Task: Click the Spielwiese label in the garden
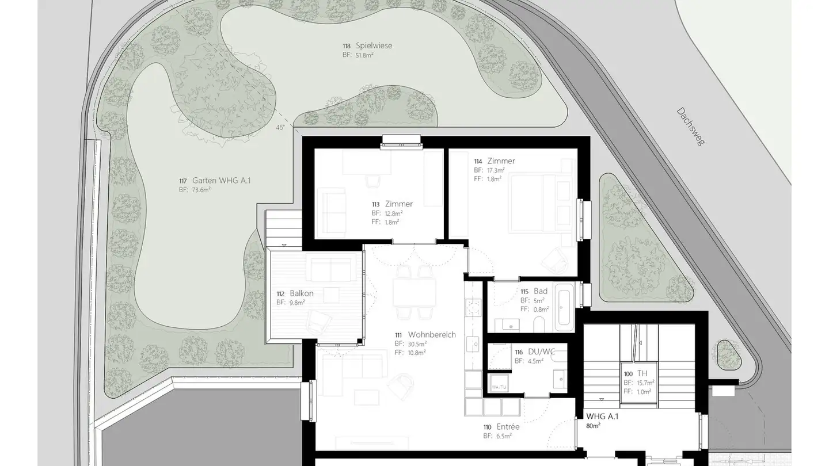(374, 45)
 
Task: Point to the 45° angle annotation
(280, 128)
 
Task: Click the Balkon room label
(302, 293)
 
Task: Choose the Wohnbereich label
(432, 335)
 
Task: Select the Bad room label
(541, 291)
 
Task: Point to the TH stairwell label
(642, 373)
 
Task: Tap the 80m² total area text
(593, 426)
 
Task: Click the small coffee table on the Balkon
(331, 295)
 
